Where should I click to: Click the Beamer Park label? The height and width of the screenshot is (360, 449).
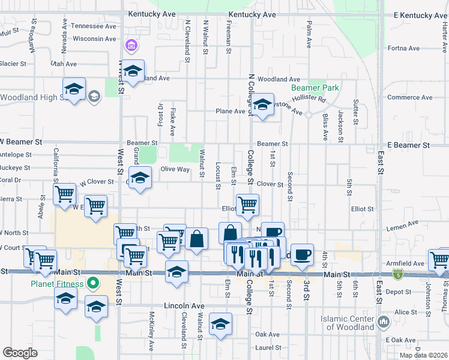[x=315, y=88]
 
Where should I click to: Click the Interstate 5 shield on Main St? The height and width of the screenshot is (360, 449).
[x=398, y=274]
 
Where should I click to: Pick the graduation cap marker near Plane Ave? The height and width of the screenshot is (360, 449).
[x=262, y=105]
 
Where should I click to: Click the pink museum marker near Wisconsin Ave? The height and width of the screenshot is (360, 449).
[x=130, y=46]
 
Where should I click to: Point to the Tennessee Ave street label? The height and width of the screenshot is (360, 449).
[x=93, y=26]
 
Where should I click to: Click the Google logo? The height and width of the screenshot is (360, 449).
[x=20, y=353]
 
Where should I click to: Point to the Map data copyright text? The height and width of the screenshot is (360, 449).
[x=424, y=355]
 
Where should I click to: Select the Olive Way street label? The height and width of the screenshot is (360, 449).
[x=175, y=170]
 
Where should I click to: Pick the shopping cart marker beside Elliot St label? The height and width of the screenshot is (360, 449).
[x=247, y=205]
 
